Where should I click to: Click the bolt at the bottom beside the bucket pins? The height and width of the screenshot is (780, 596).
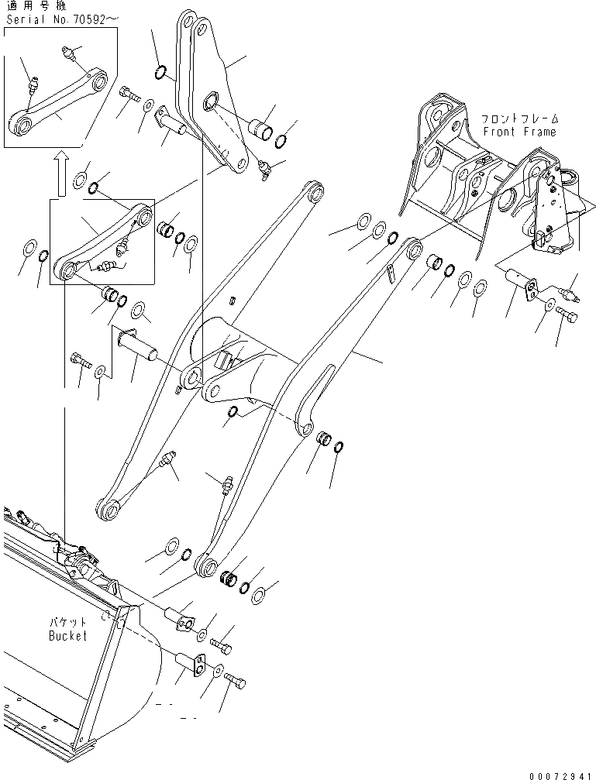tap(236, 680)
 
